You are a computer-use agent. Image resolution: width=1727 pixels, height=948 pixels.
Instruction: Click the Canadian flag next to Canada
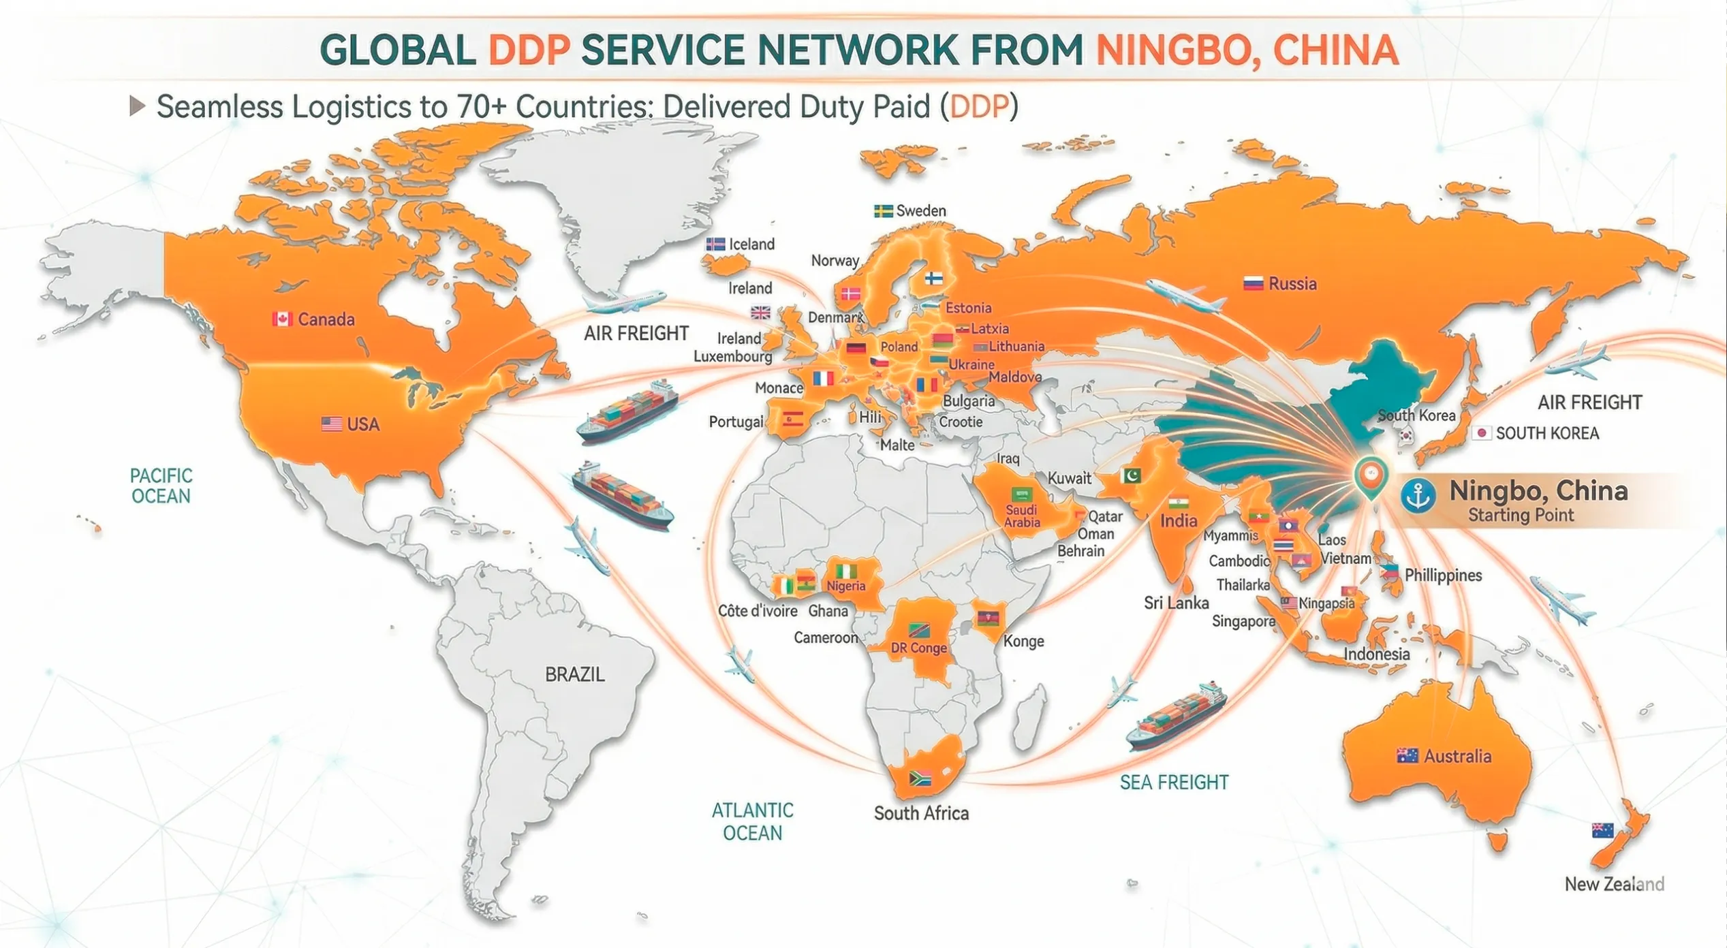[x=282, y=319]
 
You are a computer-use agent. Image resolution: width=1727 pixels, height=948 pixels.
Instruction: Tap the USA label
[x=362, y=424]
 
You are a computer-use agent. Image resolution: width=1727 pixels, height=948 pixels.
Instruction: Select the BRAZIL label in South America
[x=574, y=674]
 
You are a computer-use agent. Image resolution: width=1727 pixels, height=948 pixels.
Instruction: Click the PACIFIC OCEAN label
[x=161, y=486]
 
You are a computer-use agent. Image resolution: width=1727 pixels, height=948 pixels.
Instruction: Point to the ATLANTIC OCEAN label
[x=752, y=821]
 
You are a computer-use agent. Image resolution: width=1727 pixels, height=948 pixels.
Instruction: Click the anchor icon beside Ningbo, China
[x=1418, y=495]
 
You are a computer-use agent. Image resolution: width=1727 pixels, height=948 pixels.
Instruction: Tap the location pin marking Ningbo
[x=1370, y=477]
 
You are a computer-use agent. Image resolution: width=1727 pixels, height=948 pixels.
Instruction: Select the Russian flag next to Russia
[x=1253, y=283]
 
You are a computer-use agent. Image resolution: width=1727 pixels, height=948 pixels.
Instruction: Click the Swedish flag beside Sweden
[x=883, y=211]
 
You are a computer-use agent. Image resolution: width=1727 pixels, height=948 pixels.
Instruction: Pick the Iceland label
[x=751, y=244]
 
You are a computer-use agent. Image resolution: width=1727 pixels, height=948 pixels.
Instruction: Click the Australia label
[x=1457, y=756]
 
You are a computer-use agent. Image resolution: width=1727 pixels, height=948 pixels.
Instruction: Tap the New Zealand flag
[x=1602, y=830]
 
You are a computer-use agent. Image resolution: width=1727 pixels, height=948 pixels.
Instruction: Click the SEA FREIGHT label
[x=1174, y=782]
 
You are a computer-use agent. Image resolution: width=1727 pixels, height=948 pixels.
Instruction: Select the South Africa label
[x=920, y=812]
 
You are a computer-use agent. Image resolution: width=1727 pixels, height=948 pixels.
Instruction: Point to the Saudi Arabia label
[x=1022, y=516]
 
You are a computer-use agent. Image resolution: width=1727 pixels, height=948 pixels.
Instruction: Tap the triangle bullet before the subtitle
[x=137, y=106]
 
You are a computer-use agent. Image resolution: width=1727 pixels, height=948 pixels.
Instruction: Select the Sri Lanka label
[x=1176, y=602]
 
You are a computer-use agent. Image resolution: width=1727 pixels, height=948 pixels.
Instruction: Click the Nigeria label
[x=845, y=586]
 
